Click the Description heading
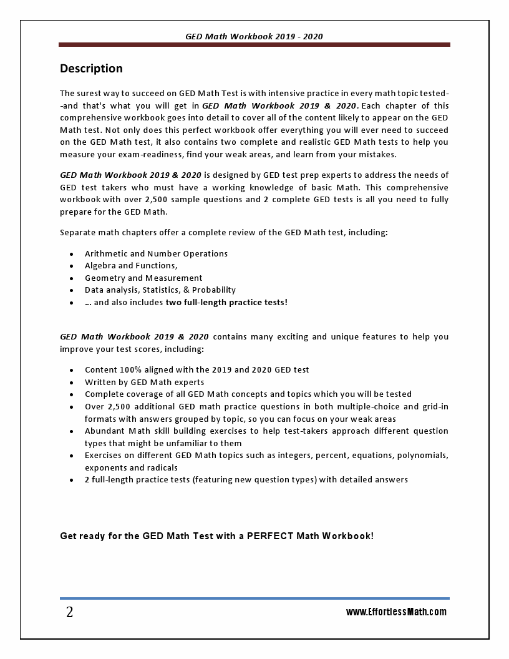[x=91, y=69]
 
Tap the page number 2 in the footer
[x=69, y=613]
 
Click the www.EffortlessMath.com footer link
[x=396, y=612]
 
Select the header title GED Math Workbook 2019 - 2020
[x=254, y=37]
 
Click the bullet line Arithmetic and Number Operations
[x=156, y=254]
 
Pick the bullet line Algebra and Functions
[x=131, y=266]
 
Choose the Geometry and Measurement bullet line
[x=143, y=278]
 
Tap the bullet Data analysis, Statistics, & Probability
[x=160, y=290]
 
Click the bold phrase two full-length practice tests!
[x=226, y=303]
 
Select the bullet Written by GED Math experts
[x=145, y=383]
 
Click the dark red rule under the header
[x=254, y=45]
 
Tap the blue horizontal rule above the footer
[x=254, y=598]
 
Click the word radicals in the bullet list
[x=162, y=468]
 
